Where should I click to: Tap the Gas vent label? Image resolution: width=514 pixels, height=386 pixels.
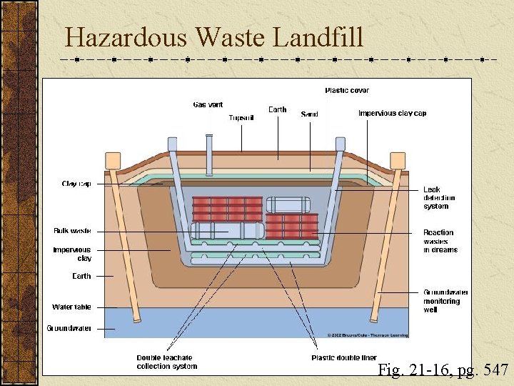pos(208,105)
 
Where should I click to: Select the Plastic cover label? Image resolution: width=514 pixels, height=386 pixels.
pos(347,90)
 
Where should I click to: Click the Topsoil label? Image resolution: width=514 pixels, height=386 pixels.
pos(241,117)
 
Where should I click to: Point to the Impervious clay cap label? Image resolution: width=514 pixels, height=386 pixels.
pos(392,113)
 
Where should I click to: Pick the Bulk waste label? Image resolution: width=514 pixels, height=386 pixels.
pos(72,231)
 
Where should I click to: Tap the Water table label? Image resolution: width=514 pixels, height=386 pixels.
pos(71,307)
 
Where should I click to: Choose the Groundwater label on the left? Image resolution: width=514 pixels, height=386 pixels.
pos(69,328)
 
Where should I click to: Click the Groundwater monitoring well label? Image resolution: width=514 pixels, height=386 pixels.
pos(445,301)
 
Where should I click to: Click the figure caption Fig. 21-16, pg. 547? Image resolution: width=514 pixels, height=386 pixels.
pos(443,370)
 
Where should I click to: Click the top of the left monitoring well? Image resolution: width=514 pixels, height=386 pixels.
pos(112,159)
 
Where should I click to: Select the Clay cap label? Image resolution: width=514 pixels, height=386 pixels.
pos(76,184)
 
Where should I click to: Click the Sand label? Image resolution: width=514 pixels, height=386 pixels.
pos(309,114)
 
